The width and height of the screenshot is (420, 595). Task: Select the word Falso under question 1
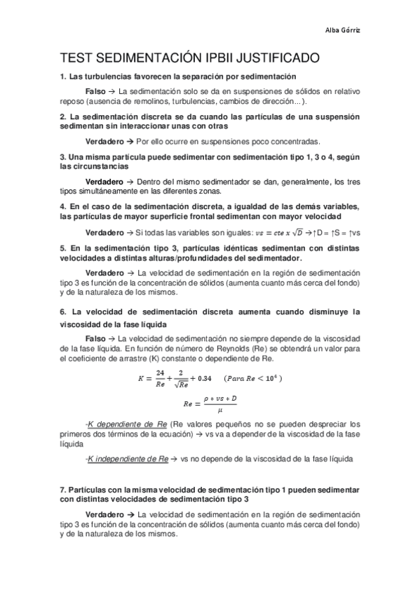pos(95,91)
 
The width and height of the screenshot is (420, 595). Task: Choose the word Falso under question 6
pos(95,338)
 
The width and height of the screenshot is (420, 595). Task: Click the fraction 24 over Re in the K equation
pos(160,377)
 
